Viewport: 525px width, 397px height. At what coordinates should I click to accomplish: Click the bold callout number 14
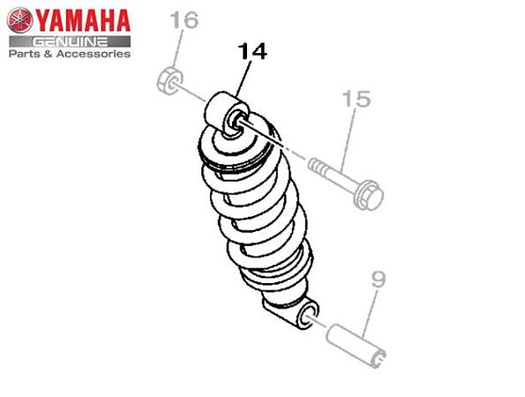click(251, 52)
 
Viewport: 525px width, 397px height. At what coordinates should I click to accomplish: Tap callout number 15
click(356, 99)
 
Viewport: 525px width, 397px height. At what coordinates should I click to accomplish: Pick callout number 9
click(378, 281)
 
